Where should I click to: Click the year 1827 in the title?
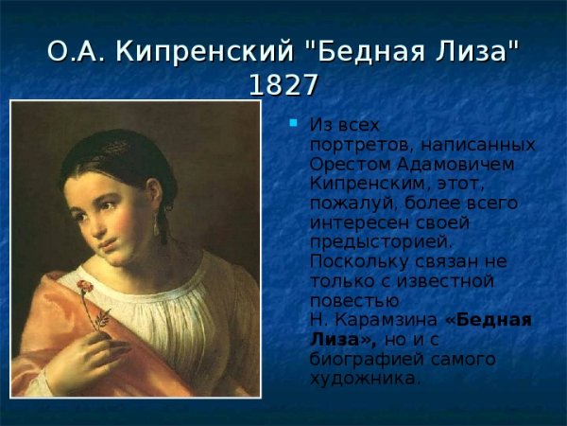[x=283, y=84]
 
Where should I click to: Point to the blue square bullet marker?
[x=294, y=123]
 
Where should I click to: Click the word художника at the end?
[x=364, y=380]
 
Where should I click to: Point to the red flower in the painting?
[x=84, y=285]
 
